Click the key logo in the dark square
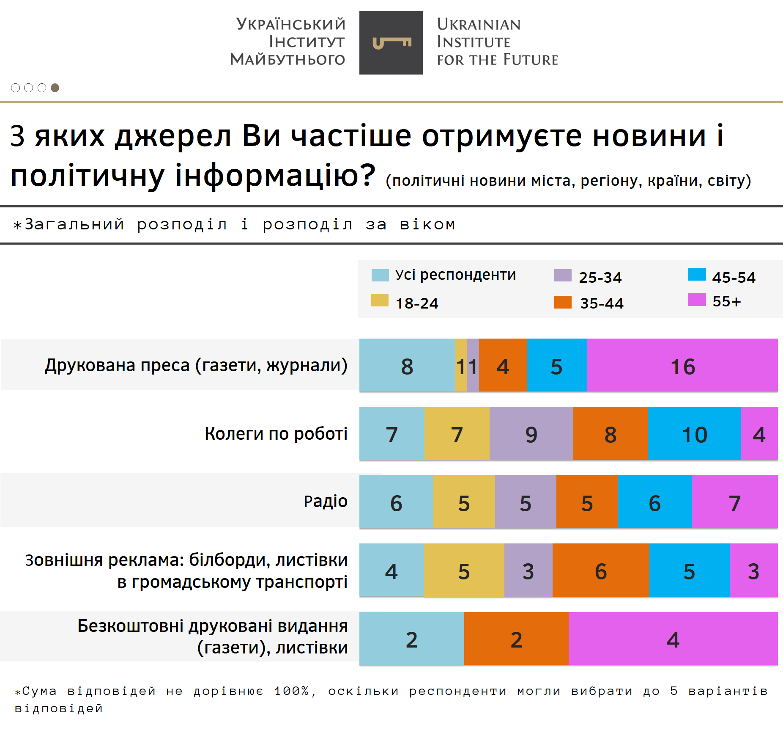click(391, 43)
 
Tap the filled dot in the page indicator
click(55, 88)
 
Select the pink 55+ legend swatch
click(697, 300)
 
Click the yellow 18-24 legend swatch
click(380, 300)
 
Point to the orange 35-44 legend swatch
click(563, 302)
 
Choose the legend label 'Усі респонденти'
click(455, 275)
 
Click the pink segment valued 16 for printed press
click(682, 366)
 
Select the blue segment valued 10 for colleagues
click(694, 434)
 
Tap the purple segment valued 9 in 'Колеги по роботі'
click(531, 434)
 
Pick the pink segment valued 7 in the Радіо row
click(734, 502)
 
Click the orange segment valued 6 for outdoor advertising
click(600, 571)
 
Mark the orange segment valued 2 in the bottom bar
click(516, 639)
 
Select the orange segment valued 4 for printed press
click(503, 366)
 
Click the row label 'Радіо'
click(326, 501)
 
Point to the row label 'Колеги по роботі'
click(276, 433)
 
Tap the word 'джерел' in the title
click(173, 136)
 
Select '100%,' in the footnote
click(295, 691)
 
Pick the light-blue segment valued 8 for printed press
click(407, 366)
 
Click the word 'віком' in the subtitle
click(427, 224)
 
